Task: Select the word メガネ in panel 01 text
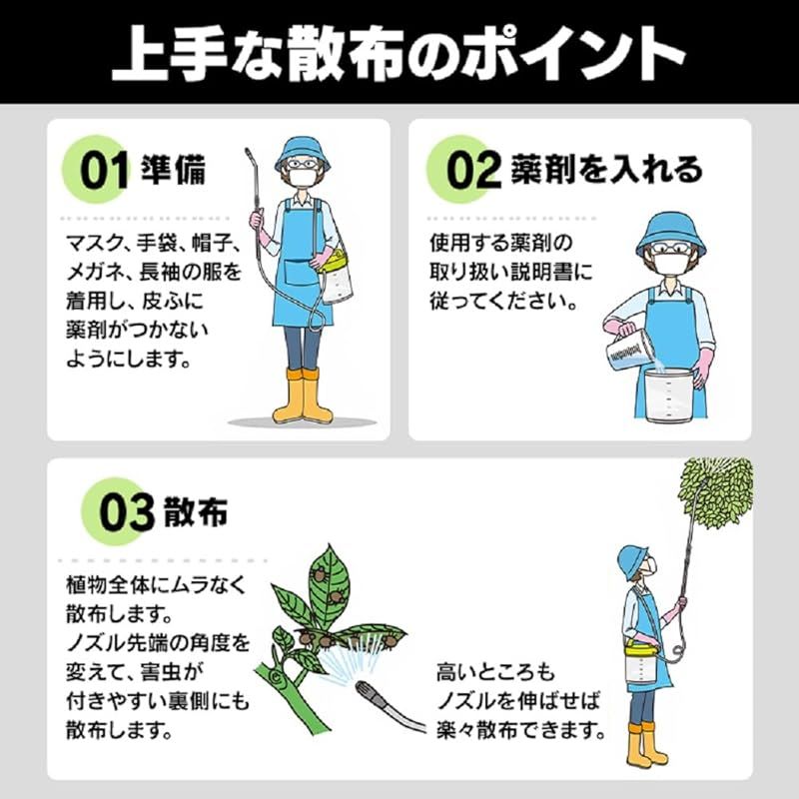pyautogui.click(x=95, y=271)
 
